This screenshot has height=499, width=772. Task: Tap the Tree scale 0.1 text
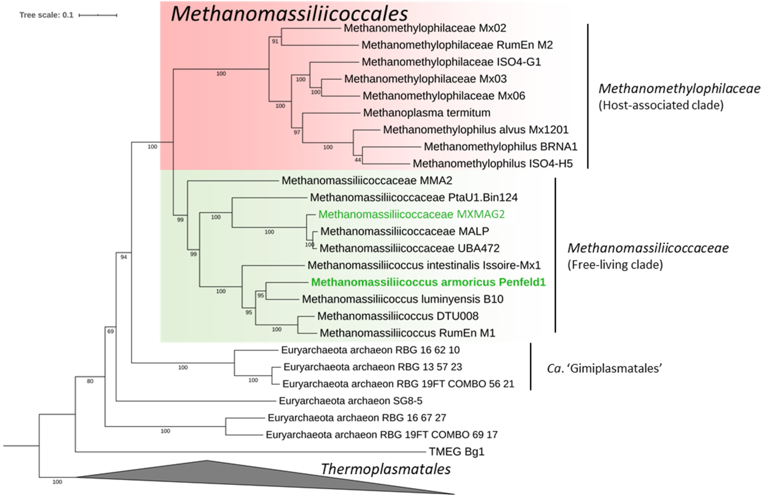(46, 15)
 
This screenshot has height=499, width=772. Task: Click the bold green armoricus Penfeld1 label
(428, 282)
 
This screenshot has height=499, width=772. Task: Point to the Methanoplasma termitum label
(427, 113)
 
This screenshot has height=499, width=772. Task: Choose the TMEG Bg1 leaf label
(456, 452)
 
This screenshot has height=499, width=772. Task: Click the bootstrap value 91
(275, 41)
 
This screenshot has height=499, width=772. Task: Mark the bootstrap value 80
(90, 381)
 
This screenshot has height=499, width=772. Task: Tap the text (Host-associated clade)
(661, 105)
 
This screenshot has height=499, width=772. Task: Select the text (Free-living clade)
(615, 265)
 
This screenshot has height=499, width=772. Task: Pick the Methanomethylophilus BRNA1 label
(500, 147)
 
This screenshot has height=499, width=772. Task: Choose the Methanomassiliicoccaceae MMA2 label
(367, 180)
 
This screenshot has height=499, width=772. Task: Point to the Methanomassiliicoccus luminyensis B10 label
(403, 299)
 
